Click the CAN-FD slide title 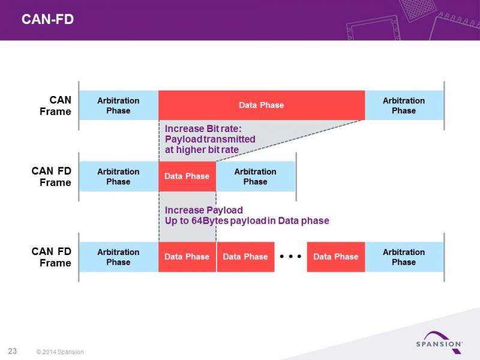pyautogui.click(x=47, y=19)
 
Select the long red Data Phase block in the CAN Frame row pyautogui.click(x=262, y=105)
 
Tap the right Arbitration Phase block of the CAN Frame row pyautogui.click(x=404, y=105)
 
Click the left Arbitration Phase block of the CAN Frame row pyautogui.click(x=119, y=105)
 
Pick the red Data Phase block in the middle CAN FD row pyautogui.click(x=187, y=176)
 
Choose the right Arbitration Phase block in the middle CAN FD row pyautogui.click(x=256, y=176)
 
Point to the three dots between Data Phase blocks pyautogui.click(x=290, y=256)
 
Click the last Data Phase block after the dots pyautogui.click(x=336, y=257)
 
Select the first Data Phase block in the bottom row pyautogui.click(x=187, y=257)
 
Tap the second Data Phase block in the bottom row pyautogui.click(x=245, y=257)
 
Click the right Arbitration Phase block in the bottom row pyautogui.click(x=404, y=257)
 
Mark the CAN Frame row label pyautogui.click(x=55, y=106)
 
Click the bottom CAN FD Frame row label pyautogui.click(x=51, y=257)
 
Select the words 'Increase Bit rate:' pyautogui.click(x=203, y=128)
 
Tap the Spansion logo pyautogui.click(x=439, y=342)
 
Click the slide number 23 pyautogui.click(x=12, y=351)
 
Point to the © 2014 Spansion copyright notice pyautogui.click(x=60, y=352)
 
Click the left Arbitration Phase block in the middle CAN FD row pyautogui.click(x=119, y=176)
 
